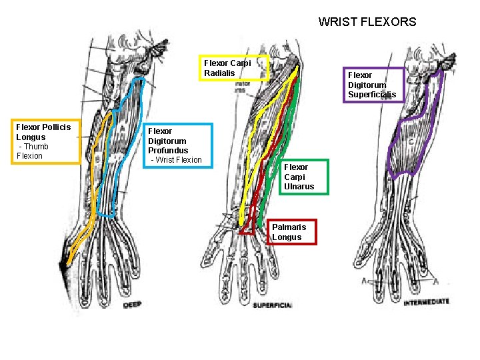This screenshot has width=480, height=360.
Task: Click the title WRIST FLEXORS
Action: pos(367,22)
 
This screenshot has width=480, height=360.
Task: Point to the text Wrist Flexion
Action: pos(177,160)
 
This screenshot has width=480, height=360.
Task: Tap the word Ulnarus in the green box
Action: pos(299,187)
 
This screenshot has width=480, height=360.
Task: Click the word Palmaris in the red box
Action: pos(289,227)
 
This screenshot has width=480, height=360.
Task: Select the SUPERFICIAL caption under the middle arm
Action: pos(272,305)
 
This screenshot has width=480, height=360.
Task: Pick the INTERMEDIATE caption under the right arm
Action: pos(426,302)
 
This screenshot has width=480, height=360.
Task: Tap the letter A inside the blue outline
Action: pos(121,131)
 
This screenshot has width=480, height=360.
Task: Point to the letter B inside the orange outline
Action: pos(97,160)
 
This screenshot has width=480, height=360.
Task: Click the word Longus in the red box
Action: pos(287,237)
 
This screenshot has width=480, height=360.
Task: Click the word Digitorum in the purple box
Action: pos(367,85)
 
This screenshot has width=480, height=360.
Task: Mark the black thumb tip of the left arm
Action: pos(65,267)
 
